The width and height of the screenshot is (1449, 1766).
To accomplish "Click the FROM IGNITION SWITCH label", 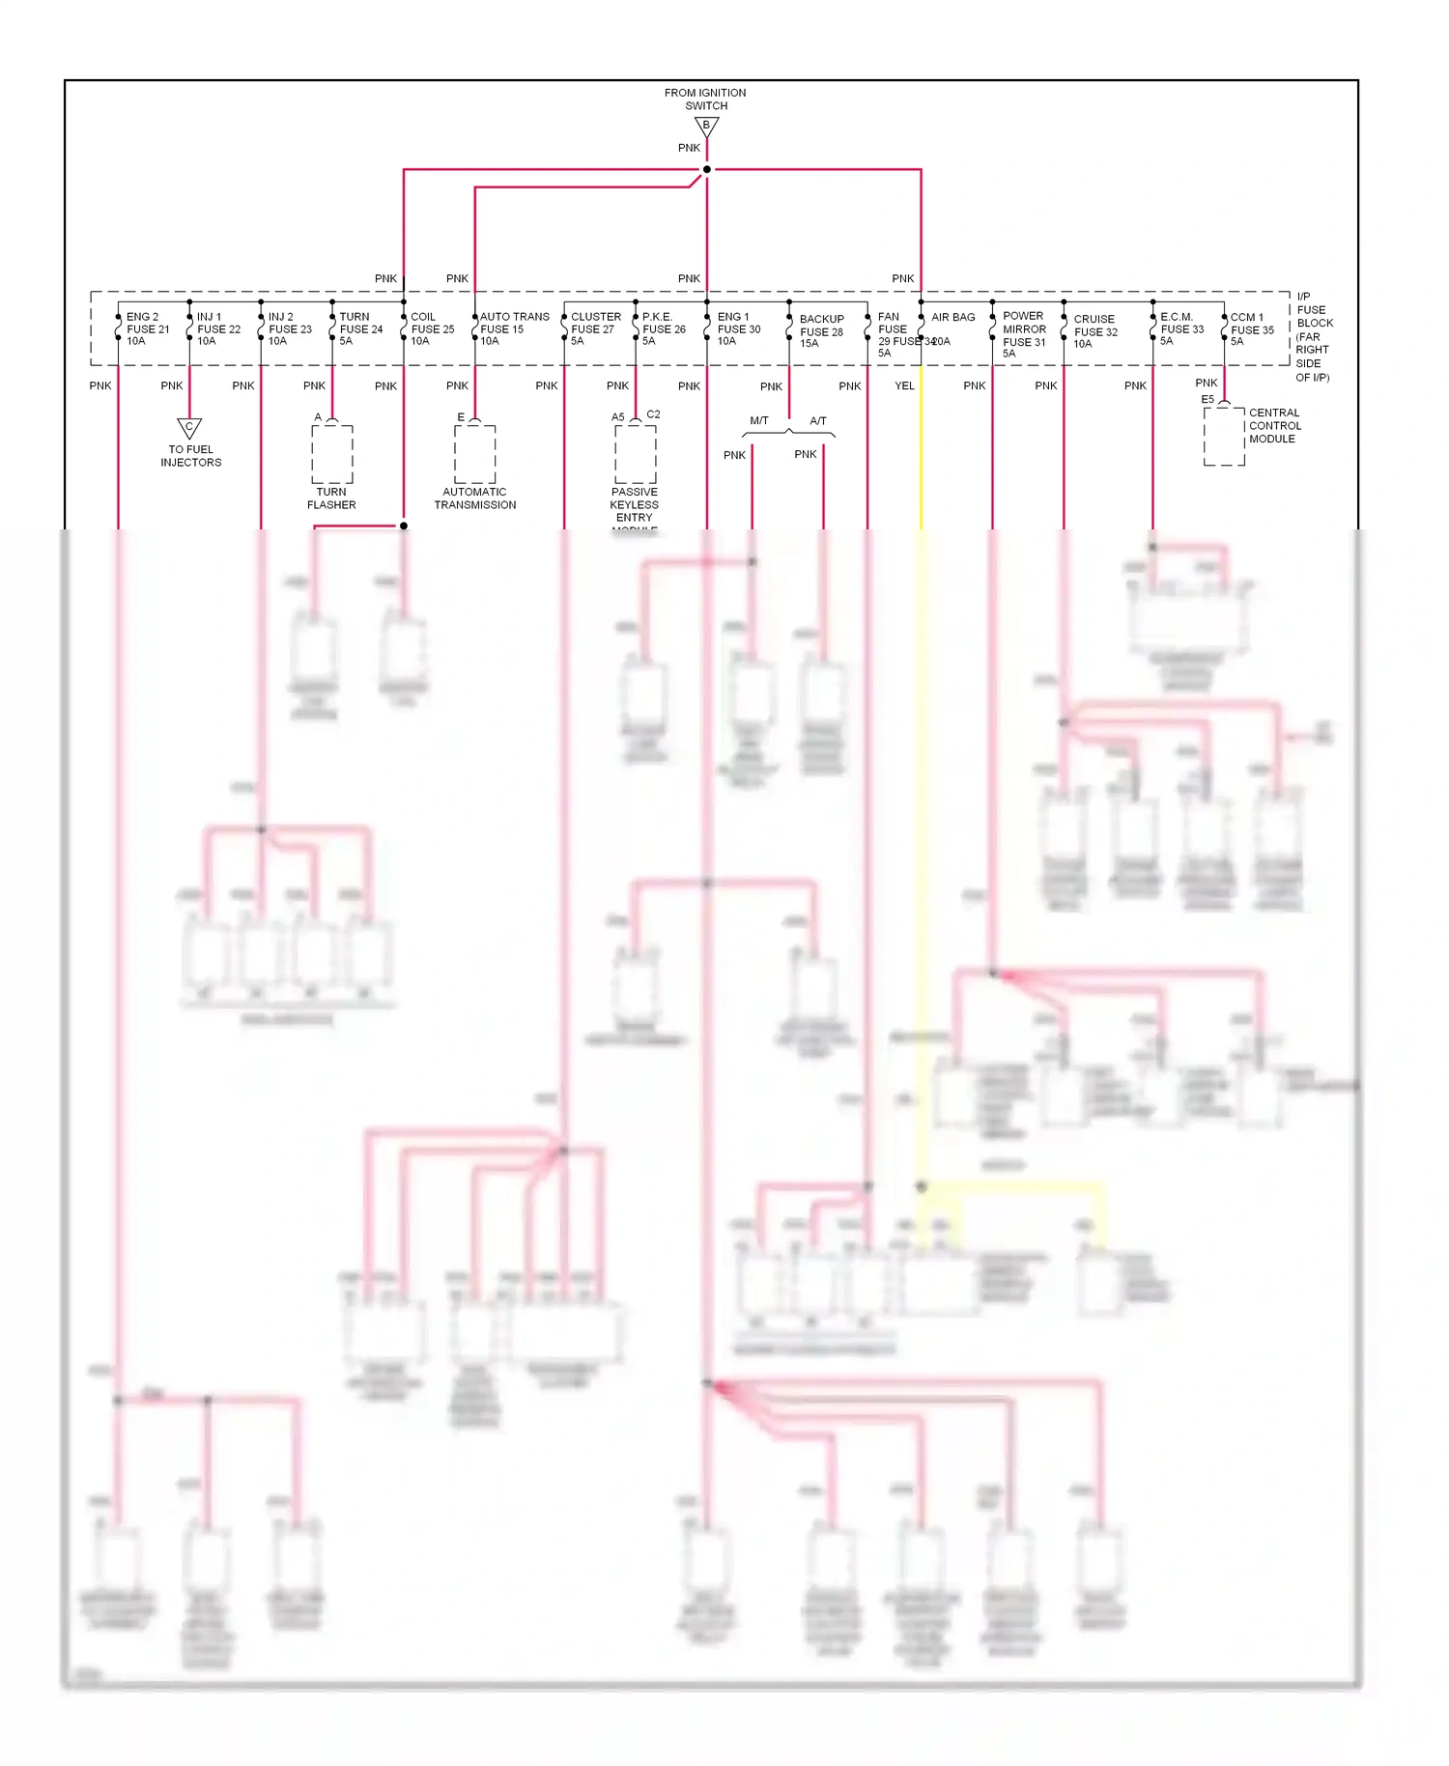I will [705, 100].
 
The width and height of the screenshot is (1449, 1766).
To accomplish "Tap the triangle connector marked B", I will [706, 126].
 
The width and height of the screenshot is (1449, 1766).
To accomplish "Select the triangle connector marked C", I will [189, 427].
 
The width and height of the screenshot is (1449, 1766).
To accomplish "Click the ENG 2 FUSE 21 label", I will [147, 328].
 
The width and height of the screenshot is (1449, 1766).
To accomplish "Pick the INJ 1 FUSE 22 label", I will [218, 328].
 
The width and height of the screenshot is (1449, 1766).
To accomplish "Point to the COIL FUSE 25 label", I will [432, 328].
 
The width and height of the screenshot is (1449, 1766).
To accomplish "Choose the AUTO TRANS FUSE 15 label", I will [514, 328].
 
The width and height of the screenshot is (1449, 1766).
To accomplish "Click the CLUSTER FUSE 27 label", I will [595, 328].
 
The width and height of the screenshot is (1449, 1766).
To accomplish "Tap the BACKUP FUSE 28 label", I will [821, 330].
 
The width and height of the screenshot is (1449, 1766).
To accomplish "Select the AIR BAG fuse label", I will [952, 318].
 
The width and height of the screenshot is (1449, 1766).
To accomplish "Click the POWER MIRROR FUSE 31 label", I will [1024, 334].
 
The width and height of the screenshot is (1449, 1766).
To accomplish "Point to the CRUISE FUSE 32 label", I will [1095, 330].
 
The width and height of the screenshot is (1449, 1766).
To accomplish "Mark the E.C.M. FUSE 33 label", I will [1181, 328].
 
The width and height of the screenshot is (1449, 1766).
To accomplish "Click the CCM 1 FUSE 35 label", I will [1252, 328].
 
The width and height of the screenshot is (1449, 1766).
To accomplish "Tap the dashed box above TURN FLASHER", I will [331, 454].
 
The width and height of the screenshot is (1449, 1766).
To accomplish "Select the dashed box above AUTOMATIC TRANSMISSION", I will [474, 454].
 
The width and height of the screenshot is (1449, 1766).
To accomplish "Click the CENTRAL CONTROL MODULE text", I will [1274, 425].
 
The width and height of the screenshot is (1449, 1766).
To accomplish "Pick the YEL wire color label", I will [904, 385].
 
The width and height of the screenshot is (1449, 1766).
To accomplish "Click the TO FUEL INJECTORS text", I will [190, 456].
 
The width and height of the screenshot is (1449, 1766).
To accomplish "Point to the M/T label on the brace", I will [759, 420].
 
